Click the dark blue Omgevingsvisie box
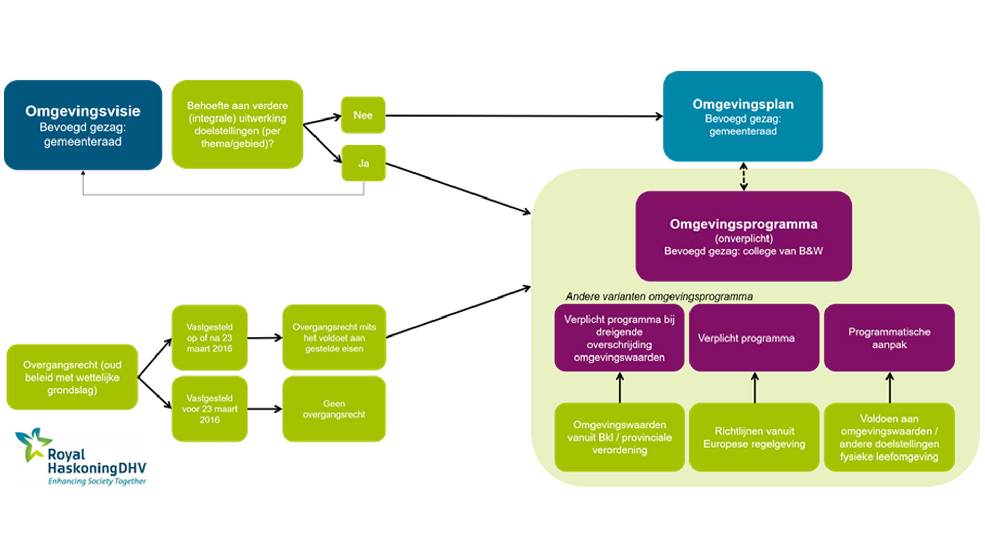pos(83,125)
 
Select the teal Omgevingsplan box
pos(743,116)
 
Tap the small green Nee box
pos(363,115)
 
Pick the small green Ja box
pos(363,163)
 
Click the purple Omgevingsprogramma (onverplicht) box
pos(743,236)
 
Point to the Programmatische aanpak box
pos(889,338)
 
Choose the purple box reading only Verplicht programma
pos(754,338)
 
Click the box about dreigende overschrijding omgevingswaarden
pos(619,338)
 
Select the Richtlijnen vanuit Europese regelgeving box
pos(754,438)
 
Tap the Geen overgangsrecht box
pos(334,409)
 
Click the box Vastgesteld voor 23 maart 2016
pos(209,409)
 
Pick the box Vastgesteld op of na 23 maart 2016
pos(209,338)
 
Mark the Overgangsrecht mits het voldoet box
pos(334,338)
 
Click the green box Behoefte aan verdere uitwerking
pos(237,124)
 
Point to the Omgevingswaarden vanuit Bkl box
pos(619,438)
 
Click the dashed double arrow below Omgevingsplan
pos(743,176)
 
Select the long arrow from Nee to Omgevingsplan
pos(523,116)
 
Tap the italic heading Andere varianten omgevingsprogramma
pos(659,296)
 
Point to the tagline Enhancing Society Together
pos(97,481)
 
